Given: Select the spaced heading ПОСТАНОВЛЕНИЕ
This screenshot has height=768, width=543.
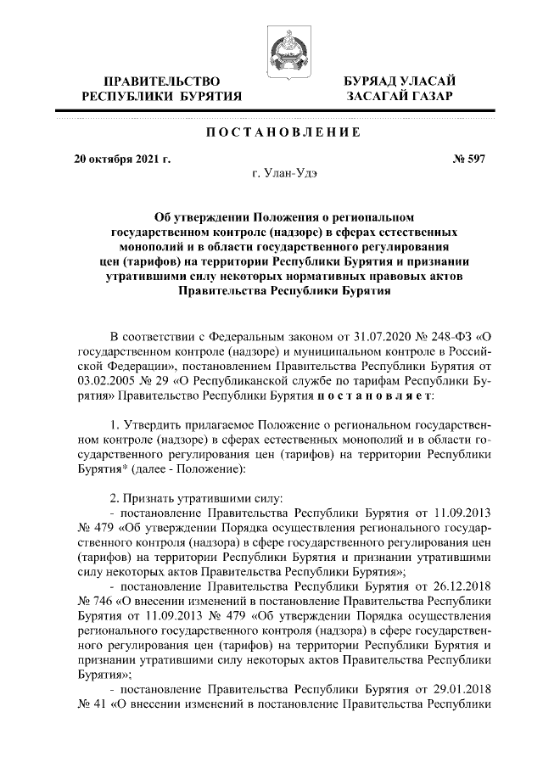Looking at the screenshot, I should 271,132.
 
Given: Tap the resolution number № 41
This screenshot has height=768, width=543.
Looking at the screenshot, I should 92,707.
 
